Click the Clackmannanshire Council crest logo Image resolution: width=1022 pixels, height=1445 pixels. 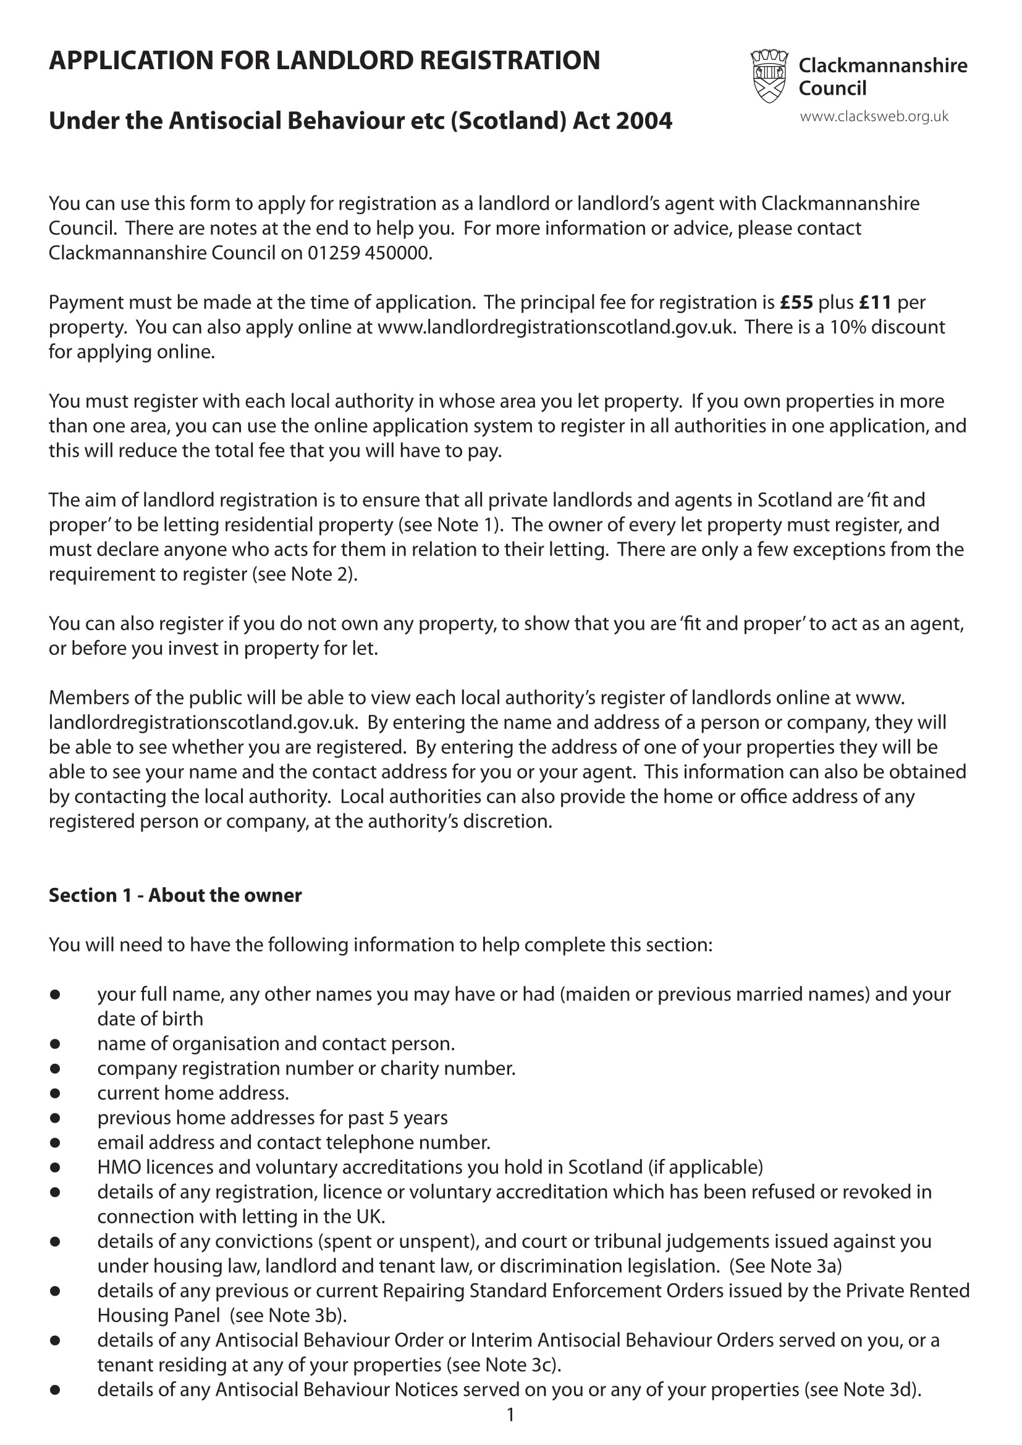pos(769,76)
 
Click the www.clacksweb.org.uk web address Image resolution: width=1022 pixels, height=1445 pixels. pos(874,116)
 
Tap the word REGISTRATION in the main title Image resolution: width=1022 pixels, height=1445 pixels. pos(509,61)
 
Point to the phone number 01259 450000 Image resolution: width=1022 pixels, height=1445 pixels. pos(369,253)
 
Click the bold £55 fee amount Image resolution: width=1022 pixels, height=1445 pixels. pos(796,303)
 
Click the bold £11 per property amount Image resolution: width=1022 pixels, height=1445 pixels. pos(875,303)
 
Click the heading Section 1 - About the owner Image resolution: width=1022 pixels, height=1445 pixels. pos(175,896)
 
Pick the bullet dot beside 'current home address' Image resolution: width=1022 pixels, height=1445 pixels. pos(56,1094)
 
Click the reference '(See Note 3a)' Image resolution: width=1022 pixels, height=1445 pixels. pos(785,1266)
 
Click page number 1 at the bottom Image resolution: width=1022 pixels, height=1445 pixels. pos(510,1415)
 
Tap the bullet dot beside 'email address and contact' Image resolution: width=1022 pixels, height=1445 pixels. pos(56,1143)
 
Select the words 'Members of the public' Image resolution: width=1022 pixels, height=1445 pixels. pos(139,698)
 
